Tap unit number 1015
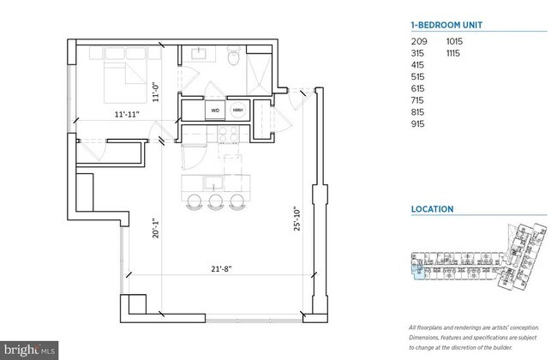[455, 41]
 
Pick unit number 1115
[455, 54]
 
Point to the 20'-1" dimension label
[156, 231]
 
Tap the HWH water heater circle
[237, 110]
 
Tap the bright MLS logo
[30, 350]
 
